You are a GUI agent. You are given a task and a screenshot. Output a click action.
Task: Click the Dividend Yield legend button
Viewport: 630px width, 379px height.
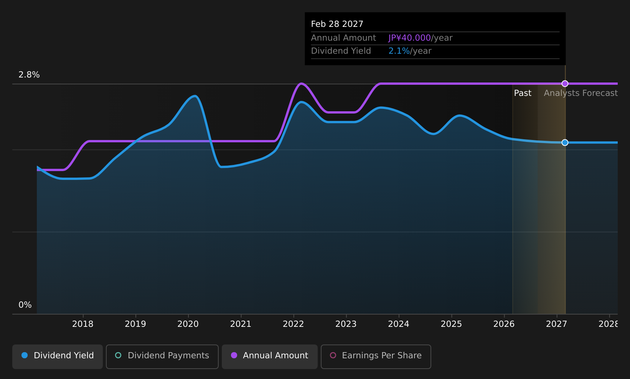pyautogui.click(x=58, y=356)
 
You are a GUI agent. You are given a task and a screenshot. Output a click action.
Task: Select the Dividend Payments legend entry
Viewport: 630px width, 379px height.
pyautogui.click(x=162, y=356)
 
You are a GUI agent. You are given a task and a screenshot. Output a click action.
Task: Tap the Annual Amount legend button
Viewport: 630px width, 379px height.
pyautogui.click(x=269, y=356)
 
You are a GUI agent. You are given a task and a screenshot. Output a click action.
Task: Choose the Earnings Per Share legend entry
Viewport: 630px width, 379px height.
pyautogui.click(x=376, y=356)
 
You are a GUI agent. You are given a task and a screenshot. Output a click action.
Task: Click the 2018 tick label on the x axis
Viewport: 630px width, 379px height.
pyautogui.click(x=83, y=324)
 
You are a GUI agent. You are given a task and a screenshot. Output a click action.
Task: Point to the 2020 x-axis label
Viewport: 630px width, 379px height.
pyautogui.click(x=188, y=324)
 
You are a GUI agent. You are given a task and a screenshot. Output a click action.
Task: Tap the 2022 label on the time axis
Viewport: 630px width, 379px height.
pyautogui.click(x=294, y=324)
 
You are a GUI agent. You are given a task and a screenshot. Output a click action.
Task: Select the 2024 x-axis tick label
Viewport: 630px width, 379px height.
pyautogui.click(x=399, y=324)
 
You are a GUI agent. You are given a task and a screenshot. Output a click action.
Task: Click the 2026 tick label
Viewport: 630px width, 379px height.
pyautogui.click(x=504, y=324)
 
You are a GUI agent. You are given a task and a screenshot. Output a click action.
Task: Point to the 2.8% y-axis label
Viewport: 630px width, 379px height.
pyautogui.click(x=29, y=75)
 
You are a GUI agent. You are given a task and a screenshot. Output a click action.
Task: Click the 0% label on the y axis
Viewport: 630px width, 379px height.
pyautogui.click(x=25, y=305)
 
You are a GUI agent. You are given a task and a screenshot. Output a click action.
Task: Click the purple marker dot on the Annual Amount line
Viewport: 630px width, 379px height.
pyautogui.click(x=565, y=84)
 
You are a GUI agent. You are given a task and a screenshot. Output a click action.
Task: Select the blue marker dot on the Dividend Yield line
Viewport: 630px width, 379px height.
pyautogui.click(x=565, y=143)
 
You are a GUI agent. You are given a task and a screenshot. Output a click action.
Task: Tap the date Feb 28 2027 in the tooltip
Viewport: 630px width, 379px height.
pyautogui.click(x=337, y=24)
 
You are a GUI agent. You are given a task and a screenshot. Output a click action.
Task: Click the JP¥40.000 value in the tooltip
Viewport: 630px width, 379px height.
pyautogui.click(x=409, y=38)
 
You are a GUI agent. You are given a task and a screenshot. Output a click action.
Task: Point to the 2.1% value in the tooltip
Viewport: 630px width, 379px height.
pyautogui.click(x=399, y=51)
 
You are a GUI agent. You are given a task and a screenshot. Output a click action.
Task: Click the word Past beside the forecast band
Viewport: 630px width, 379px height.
pyautogui.click(x=523, y=93)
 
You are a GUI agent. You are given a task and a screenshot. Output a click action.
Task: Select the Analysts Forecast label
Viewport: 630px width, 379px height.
pyautogui.click(x=581, y=93)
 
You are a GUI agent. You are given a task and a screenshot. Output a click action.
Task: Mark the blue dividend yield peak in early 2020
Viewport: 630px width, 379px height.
pyautogui.click(x=195, y=96)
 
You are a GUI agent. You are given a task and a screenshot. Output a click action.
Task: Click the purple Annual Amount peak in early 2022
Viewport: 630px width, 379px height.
pyautogui.click(x=301, y=84)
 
